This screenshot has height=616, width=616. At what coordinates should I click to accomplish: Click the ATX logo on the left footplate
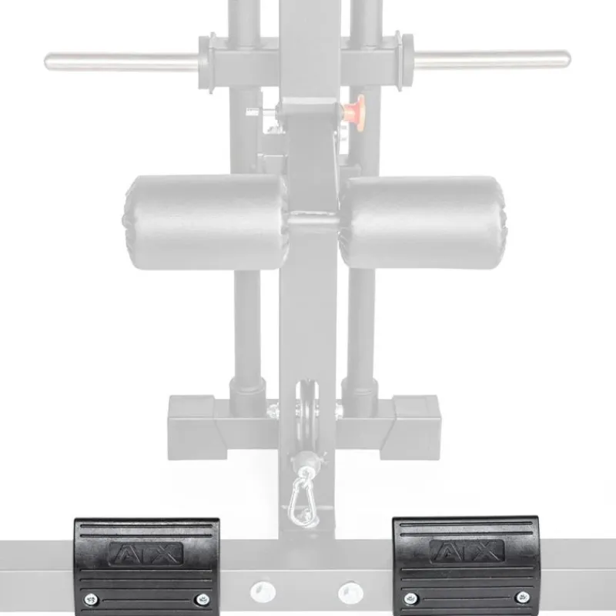tap(146, 553)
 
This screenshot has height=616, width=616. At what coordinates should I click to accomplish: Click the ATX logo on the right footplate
tap(467, 551)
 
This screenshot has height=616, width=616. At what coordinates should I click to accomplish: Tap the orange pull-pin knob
tap(354, 109)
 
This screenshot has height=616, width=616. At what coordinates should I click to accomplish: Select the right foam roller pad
tap(422, 223)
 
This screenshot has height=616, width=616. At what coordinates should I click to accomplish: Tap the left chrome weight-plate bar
tap(122, 62)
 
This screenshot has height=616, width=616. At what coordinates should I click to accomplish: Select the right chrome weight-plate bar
tap(492, 60)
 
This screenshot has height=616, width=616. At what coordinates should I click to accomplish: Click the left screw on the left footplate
tap(91, 600)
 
